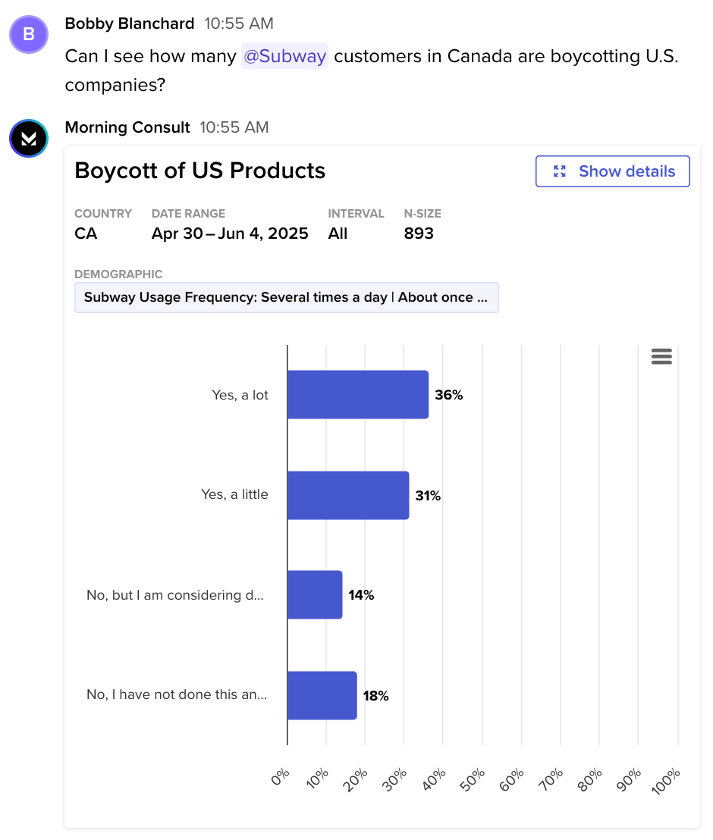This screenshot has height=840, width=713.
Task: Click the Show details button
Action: pyautogui.click(x=612, y=171)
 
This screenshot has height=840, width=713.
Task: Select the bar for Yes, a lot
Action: pyautogui.click(x=357, y=394)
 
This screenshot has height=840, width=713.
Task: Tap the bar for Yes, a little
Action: pyautogui.click(x=347, y=495)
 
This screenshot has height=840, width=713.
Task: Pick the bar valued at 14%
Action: pyautogui.click(x=314, y=595)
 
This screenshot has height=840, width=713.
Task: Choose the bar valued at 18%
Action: pyautogui.click(x=322, y=695)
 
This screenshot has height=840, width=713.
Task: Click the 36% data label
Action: pyautogui.click(x=448, y=395)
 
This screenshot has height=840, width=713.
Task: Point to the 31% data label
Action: pyautogui.click(x=428, y=496)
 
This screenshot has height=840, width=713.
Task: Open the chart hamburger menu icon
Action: pyautogui.click(x=661, y=356)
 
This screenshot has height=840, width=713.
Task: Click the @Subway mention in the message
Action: pyautogui.click(x=284, y=56)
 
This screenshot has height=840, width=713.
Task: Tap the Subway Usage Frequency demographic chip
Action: pyautogui.click(x=286, y=297)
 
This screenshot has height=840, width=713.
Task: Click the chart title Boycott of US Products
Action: pyautogui.click(x=199, y=171)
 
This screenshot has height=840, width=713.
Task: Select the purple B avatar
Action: pyautogui.click(x=29, y=34)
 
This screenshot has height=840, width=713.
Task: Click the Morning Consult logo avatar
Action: pyautogui.click(x=29, y=138)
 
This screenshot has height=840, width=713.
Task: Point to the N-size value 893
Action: pyautogui.click(x=419, y=234)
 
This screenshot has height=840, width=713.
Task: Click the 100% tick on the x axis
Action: pyautogui.click(x=667, y=780)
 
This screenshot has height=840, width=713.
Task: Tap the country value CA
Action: pyautogui.click(x=86, y=234)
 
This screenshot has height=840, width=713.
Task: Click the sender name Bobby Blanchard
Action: pyautogui.click(x=130, y=24)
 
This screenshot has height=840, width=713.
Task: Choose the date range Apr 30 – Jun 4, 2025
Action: pyautogui.click(x=230, y=234)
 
